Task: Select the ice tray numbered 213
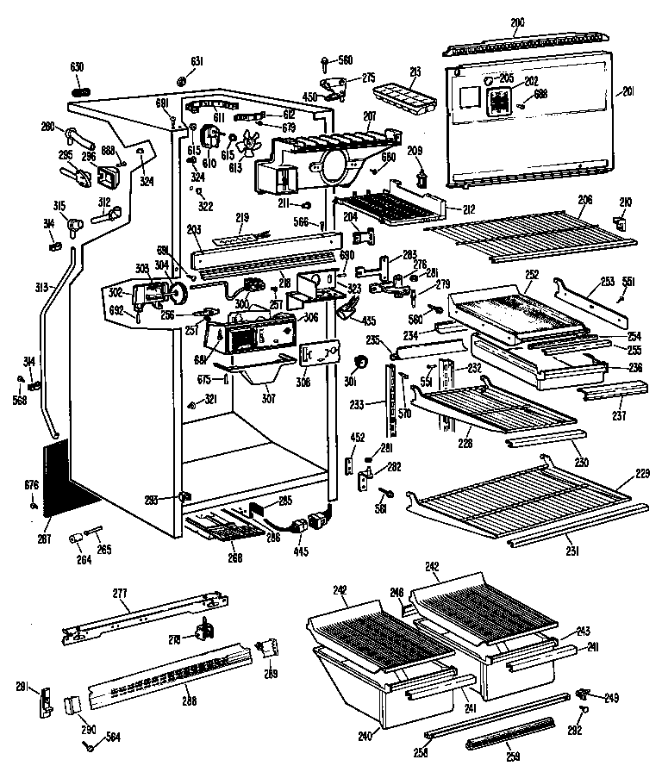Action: click(x=403, y=98)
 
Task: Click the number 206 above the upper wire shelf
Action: click(x=585, y=198)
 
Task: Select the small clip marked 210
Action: click(x=620, y=222)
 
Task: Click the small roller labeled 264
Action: click(x=75, y=539)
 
